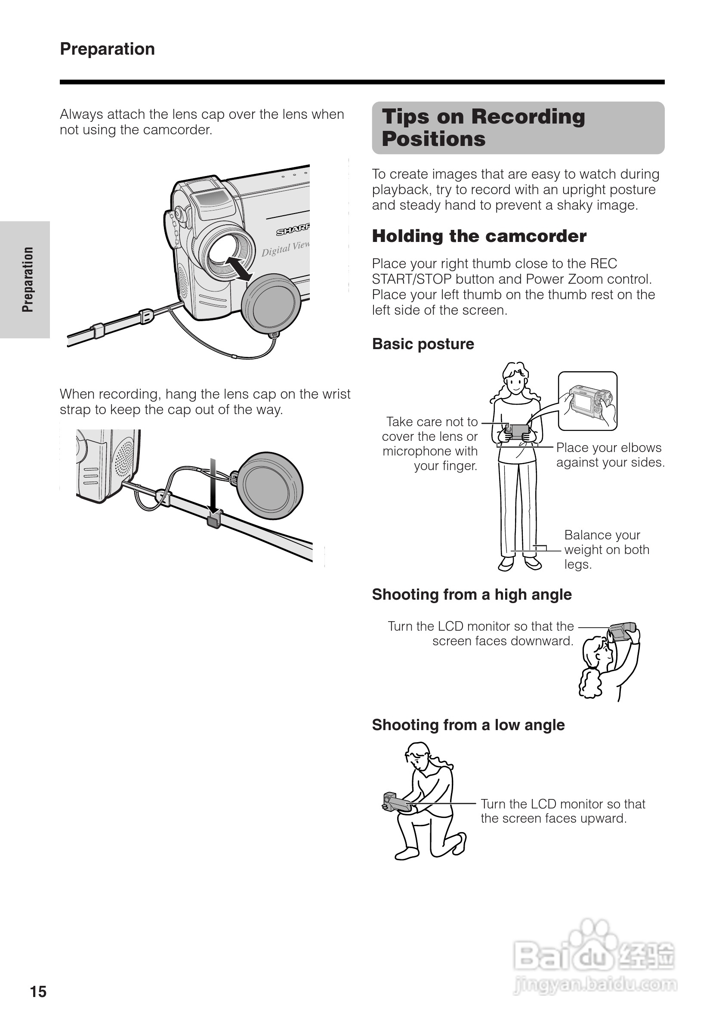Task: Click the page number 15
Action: [x=38, y=991]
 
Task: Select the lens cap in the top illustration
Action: [x=271, y=303]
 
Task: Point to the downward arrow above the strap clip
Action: [x=213, y=486]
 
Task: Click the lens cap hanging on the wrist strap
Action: [x=270, y=486]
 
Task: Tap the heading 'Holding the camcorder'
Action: [x=479, y=236]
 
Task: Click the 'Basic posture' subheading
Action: [x=423, y=344]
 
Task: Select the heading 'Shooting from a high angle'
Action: [x=471, y=594]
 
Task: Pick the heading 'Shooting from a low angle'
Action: [x=468, y=725]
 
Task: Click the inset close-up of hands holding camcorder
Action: [x=587, y=401]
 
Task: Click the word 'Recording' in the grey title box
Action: [x=528, y=117]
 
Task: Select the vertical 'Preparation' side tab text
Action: [x=28, y=279]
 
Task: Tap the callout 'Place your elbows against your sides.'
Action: [x=610, y=455]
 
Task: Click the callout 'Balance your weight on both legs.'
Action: [x=606, y=550]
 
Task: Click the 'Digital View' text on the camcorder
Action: [x=285, y=248]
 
